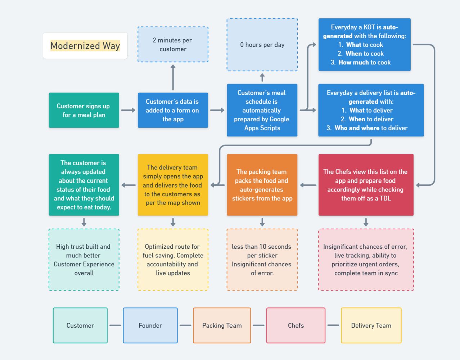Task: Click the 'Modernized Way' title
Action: point(85,46)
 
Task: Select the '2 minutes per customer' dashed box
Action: point(173,44)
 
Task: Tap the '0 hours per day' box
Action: point(262,45)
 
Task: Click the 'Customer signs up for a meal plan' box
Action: point(84,110)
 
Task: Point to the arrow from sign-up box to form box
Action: point(128,110)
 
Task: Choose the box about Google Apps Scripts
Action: point(262,110)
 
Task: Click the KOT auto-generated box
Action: point(364,44)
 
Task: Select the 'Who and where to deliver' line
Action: point(371,128)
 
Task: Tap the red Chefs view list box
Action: point(366,185)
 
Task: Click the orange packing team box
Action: point(262,185)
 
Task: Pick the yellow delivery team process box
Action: point(173,185)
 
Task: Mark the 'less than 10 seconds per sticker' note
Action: point(262,260)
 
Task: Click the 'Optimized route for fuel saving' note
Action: point(173,260)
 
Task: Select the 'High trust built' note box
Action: point(84,260)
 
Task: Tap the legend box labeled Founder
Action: point(150,325)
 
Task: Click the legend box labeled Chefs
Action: point(296,325)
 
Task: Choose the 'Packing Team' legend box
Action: point(222,325)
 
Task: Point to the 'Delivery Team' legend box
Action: point(371,325)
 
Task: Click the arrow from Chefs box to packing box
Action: point(308,185)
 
